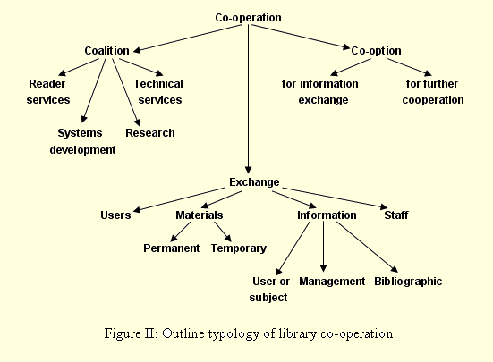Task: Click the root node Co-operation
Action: [x=248, y=18]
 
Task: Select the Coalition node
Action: [x=106, y=51]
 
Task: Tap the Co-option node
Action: [x=376, y=51]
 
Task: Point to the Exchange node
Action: [x=254, y=182]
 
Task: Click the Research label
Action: [x=150, y=133]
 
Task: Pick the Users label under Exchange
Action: [x=115, y=215]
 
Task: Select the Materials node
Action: [x=199, y=215]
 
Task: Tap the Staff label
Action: [x=396, y=215]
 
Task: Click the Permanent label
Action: [x=172, y=248]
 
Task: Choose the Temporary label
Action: [x=239, y=248]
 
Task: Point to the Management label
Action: [x=332, y=282]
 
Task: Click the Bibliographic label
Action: [x=408, y=282]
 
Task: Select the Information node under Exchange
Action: [x=327, y=215]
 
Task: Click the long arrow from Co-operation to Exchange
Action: [x=248, y=99]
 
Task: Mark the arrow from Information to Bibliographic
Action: [x=367, y=247]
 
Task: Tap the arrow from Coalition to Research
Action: [x=126, y=92]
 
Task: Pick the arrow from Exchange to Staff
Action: [x=335, y=198]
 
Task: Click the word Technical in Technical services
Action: [x=158, y=84]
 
